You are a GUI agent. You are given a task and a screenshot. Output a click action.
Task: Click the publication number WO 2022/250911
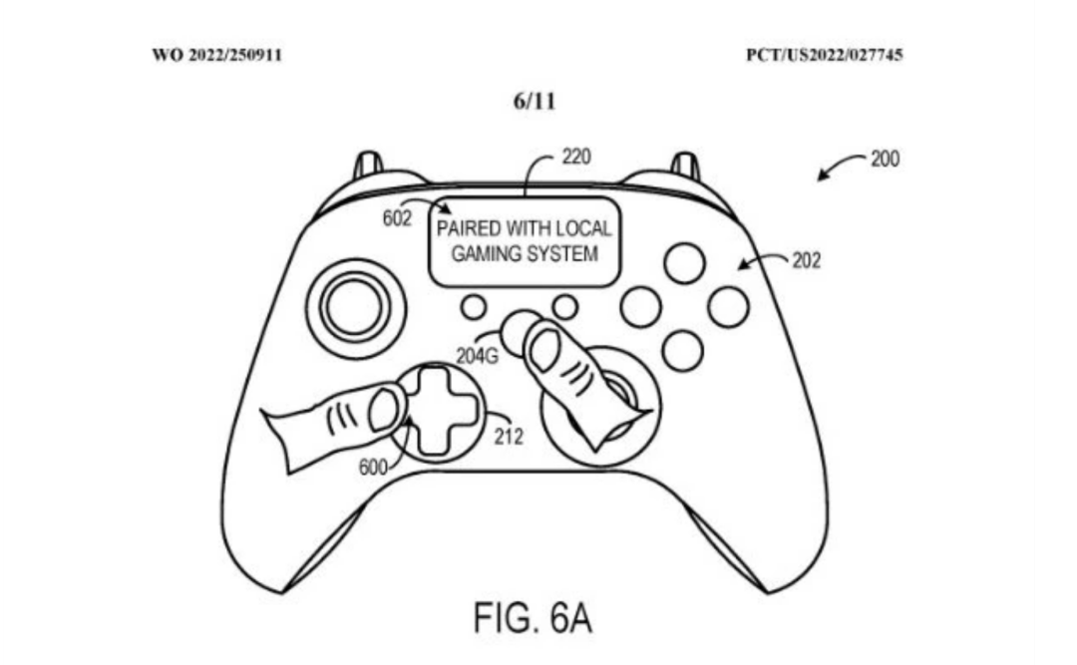click(216, 55)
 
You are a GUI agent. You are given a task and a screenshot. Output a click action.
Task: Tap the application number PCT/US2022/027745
click(824, 55)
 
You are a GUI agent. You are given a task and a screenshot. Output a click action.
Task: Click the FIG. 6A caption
click(534, 618)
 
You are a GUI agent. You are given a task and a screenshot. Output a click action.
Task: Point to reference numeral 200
click(885, 159)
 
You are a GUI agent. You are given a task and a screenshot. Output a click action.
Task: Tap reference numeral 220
click(576, 157)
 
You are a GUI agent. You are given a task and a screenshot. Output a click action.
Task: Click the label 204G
click(476, 353)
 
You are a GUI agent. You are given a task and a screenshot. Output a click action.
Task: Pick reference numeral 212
click(508, 436)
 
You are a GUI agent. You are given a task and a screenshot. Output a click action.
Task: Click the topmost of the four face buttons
click(684, 263)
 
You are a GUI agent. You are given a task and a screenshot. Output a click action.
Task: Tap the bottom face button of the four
click(683, 350)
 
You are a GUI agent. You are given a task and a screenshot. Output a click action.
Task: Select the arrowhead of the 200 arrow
click(822, 176)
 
